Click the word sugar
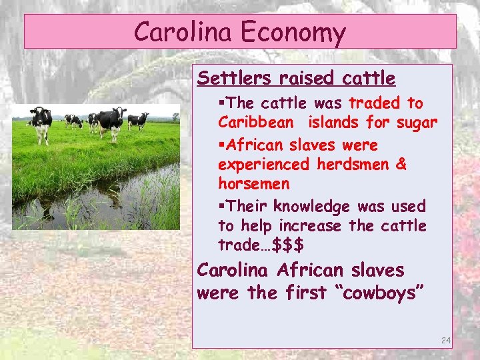click(x=414, y=123)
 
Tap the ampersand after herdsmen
click(x=401, y=164)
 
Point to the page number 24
click(x=446, y=341)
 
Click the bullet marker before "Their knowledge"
click(x=222, y=207)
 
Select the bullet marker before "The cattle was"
click(x=222, y=104)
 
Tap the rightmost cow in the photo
click(x=139, y=120)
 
